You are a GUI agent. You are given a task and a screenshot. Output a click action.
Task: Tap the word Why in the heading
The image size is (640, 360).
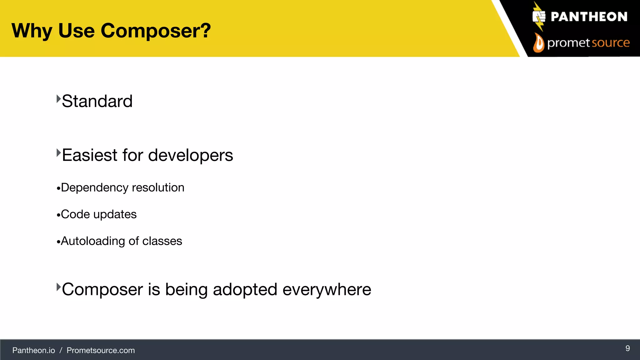(32, 31)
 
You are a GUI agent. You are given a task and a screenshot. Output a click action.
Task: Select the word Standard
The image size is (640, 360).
(97, 101)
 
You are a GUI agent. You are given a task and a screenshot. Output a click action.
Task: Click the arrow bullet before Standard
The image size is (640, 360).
(58, 99)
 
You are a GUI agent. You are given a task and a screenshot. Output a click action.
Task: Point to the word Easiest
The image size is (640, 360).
(90, 155)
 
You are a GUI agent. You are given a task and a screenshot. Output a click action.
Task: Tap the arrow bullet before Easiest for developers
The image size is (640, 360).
(58, 153)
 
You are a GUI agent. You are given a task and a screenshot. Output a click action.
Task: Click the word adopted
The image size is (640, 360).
(245, 289)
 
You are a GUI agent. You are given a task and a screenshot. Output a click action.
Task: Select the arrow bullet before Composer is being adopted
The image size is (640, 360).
(58, 287)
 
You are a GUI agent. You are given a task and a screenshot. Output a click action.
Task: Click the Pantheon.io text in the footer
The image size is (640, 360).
(33, 350)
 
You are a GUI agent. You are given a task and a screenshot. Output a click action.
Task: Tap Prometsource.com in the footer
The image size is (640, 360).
(101, 350)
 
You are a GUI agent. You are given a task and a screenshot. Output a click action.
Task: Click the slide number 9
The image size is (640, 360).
(627, 348)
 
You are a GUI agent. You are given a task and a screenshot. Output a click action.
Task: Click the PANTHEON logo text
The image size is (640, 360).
(589, 17)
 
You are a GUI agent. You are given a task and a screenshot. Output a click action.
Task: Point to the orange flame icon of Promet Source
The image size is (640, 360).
(538, 43)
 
